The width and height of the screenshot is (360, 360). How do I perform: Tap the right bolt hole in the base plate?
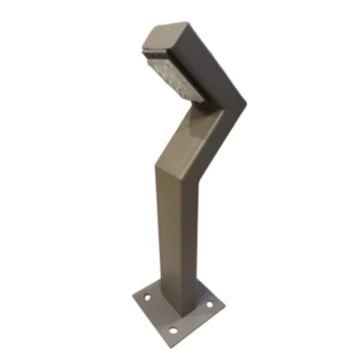(x=209, y=305)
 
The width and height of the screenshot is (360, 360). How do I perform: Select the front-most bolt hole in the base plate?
(x=173, y=330)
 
